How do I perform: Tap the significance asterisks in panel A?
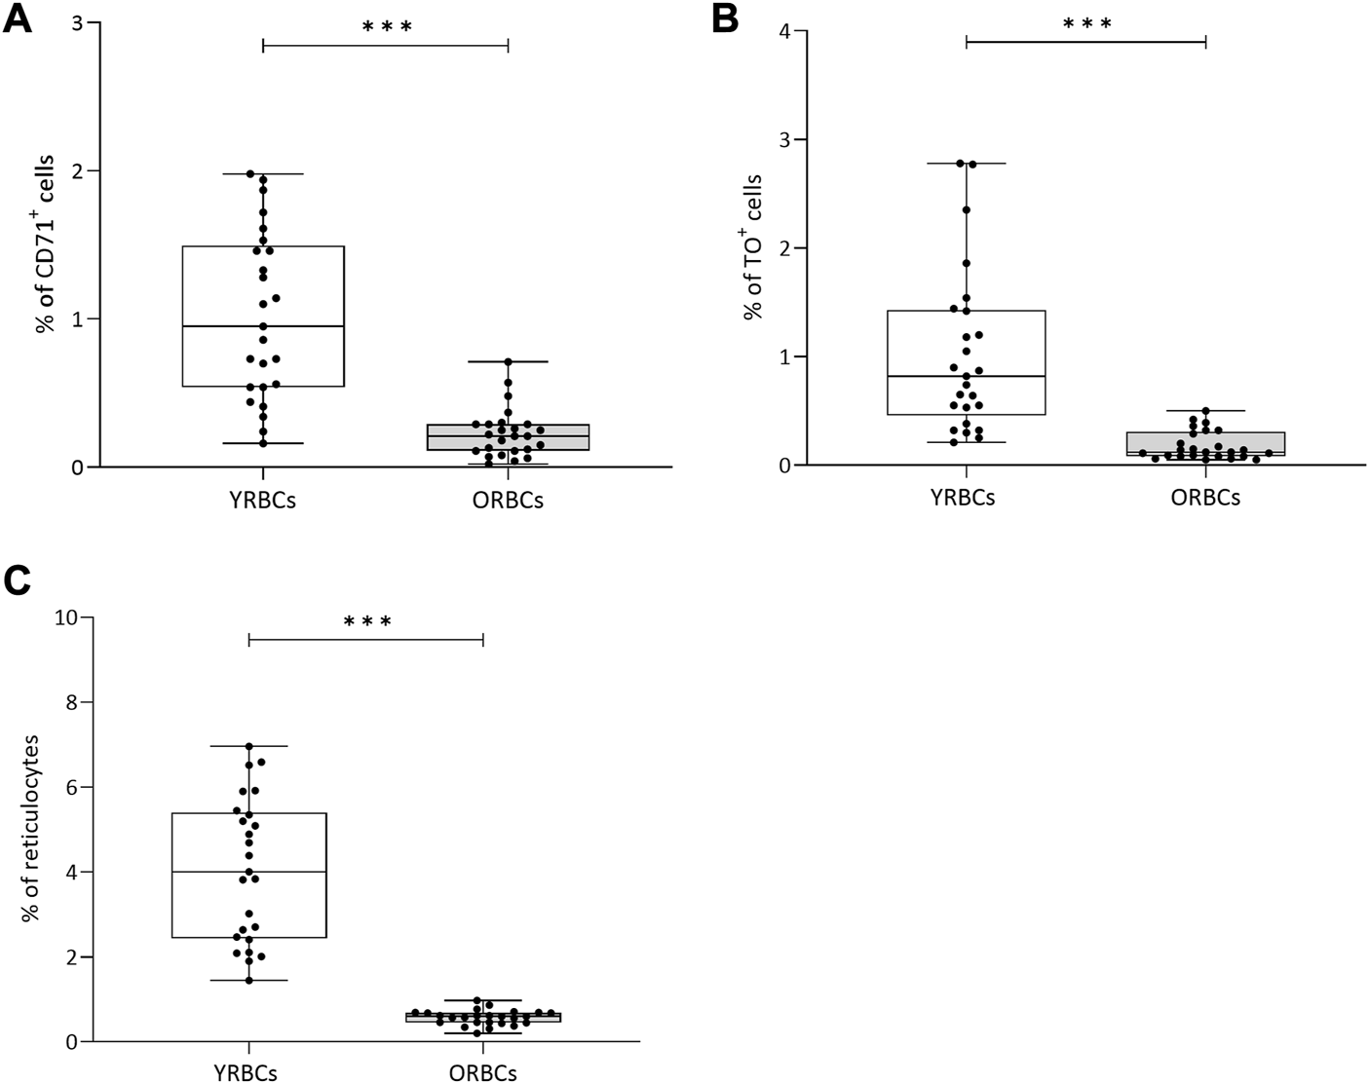tap(387, 26)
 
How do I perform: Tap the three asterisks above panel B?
tap(1086, 22)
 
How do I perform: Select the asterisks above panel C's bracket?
tap(366, 621)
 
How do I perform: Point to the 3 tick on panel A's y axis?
tap(78, 23)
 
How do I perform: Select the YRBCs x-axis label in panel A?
tap(263, 501)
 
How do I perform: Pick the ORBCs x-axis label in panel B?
tap(1206, 498)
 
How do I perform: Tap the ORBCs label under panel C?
tap(483, 1073)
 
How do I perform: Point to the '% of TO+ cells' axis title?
tap(752, 246)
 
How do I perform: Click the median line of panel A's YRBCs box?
tap(263, 326)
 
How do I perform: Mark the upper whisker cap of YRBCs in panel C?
tap(249, 746)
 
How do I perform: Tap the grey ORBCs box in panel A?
tap(508, 436)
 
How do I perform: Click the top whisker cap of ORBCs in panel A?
tap(508, 361)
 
